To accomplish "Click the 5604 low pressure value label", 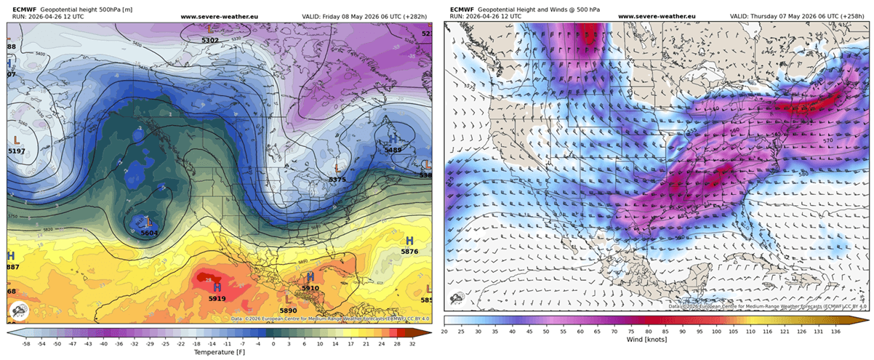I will (150, 233).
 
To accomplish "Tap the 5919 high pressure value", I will (217, 298).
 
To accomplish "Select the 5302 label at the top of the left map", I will (209, 40).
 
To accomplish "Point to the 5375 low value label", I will (337, 179).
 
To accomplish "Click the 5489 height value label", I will (393, 150).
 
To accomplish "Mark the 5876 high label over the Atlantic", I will (410, 252).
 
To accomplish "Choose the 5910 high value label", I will (310, 288).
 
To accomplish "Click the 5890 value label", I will (289, 311).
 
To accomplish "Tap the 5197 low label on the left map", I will (16, 151).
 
